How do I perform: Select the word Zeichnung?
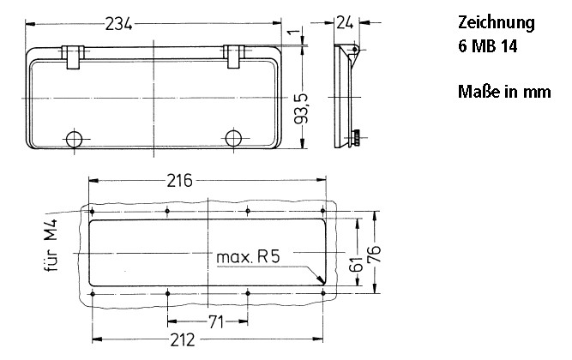[x=496, y=23]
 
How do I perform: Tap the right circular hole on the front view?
[x=233, y=139]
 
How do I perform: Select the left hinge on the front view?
[x=75, y=56]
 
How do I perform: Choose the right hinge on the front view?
[x=234, y=56]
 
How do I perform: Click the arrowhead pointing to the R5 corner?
[x=319, y=280]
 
